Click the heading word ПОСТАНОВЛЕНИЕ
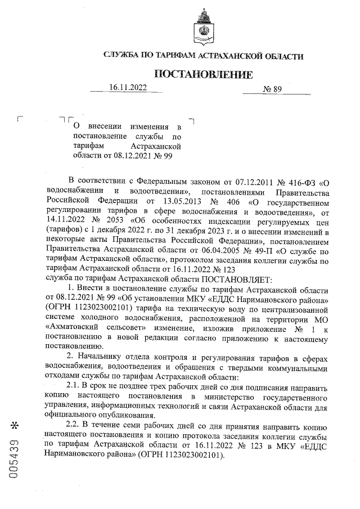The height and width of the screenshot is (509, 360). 203,75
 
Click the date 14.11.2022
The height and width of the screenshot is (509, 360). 65,218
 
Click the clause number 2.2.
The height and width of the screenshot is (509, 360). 74,422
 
